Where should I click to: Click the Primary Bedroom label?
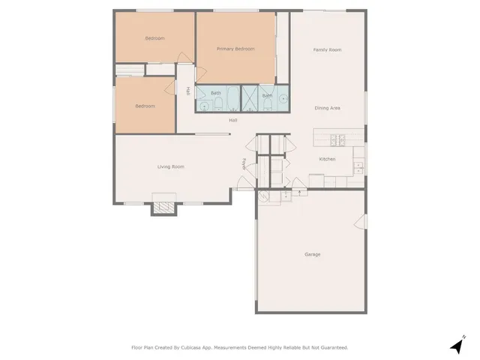tap(235, 49)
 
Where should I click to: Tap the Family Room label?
tap(327, 49)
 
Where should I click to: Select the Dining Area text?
tap(327, 108)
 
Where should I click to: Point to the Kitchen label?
tap(327, 159)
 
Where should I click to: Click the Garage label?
tap(313, 254)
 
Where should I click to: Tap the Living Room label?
tap(170, 166)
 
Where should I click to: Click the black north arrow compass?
tap(456, 346)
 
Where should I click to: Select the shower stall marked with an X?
tap(249, 99)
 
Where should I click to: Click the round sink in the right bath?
tap(283, 98)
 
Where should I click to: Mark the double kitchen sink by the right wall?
tap(358, 167)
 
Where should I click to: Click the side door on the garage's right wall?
tap(361, 222)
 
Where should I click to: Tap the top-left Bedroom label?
tap(154, 37)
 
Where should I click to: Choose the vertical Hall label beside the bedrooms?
tap(187, 91)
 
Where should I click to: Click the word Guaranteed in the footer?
tap(331, 347)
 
